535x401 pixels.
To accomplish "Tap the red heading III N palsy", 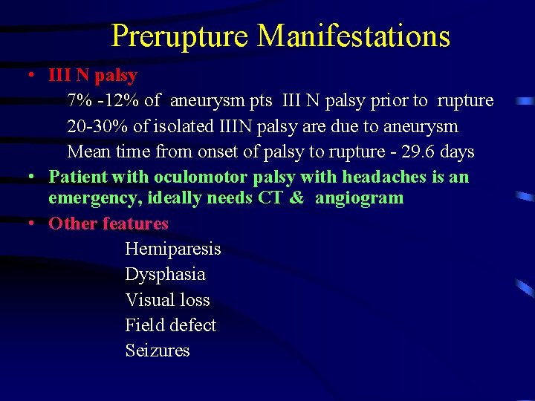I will (x=92, y=75).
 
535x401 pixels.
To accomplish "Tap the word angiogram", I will (x=360, y=198).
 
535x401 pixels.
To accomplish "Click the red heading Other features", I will (x=108, y=224).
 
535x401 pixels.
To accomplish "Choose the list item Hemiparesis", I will (x=173, y=250).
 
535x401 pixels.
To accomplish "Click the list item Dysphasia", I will (x=165, y=275).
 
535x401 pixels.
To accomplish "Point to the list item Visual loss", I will (x=167, y=300).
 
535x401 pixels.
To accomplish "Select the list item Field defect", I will (x=170, y=325).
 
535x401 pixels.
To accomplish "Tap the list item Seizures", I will (x=158, y=351).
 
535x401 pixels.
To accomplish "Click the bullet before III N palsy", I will (x=32, y=76).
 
